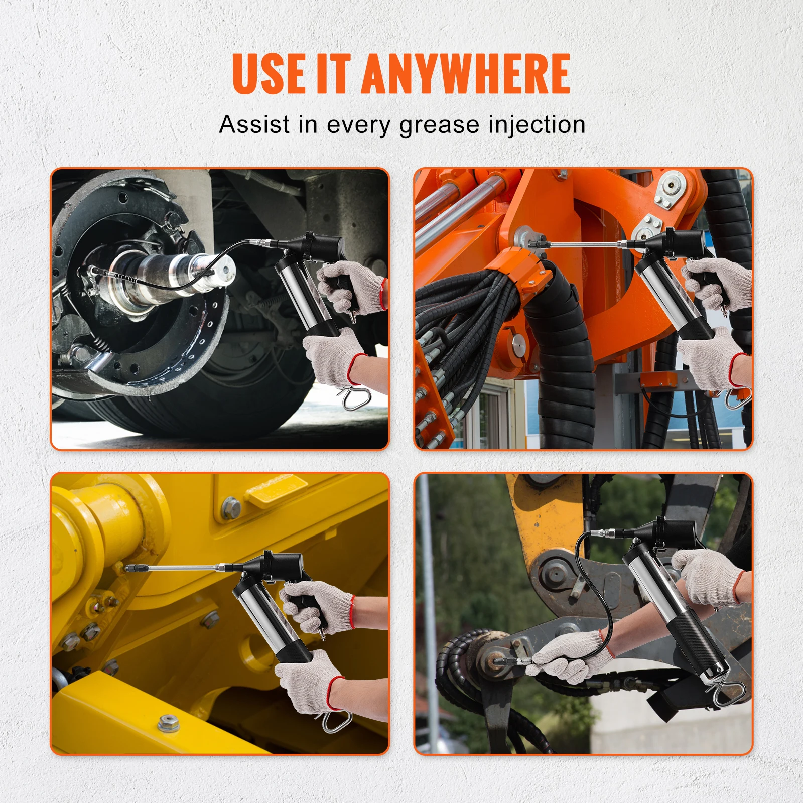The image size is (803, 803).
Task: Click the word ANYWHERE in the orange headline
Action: (465, 74)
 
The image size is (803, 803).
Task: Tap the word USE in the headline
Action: (269, 74)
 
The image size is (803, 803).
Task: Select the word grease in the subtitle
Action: (439, 125)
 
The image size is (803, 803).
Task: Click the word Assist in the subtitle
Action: (254, 124)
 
